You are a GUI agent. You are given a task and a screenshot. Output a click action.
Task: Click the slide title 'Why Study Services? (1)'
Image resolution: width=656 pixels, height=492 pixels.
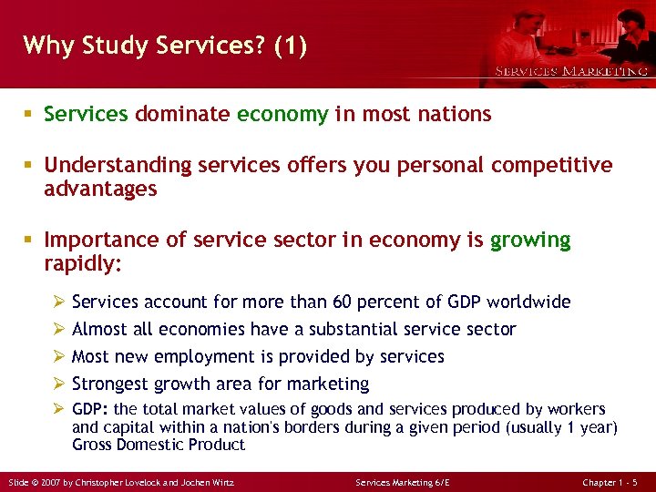pyautogui.click(x=165, y=46)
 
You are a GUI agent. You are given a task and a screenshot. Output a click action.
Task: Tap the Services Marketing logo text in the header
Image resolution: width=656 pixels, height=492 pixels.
pyautogui.click(x=571, y=71)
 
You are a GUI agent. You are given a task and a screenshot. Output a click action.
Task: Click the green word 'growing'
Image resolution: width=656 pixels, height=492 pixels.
pyautogui.click(x=530, y=241)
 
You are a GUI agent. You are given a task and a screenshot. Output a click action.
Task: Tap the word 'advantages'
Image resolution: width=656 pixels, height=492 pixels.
pyautogui.click(x=100, y=189)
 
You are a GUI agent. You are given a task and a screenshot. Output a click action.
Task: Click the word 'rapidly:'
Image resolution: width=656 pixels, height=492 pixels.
pyautogui.click(x=82, y=264)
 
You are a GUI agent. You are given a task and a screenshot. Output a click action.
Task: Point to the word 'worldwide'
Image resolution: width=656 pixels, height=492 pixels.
pyautogui.click(x=528, y=302)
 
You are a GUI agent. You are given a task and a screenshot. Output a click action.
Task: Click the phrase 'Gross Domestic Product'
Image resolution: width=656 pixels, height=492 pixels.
pyautogui.click(x=159, y=445)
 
